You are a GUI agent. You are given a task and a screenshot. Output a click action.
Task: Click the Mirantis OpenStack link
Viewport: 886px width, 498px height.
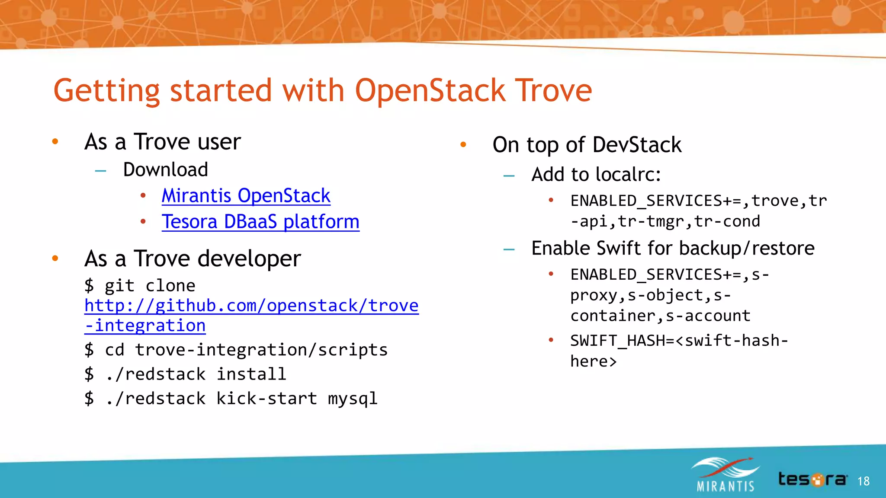[246, 196]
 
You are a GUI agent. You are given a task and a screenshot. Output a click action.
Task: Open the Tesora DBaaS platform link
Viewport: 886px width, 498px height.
[260, 222]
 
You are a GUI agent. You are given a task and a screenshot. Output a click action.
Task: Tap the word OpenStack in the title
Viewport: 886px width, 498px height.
[430, 91]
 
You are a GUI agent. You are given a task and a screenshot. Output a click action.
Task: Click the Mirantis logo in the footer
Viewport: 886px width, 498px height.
[725, 475]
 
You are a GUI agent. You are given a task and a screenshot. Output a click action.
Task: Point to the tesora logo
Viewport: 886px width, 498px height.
[812, 479]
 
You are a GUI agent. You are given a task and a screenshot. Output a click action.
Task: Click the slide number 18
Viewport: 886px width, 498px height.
[863, 481]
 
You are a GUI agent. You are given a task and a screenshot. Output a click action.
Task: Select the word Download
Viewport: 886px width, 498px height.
[165, 169]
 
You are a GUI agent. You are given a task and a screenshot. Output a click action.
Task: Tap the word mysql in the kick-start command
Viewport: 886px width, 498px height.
[353, 399]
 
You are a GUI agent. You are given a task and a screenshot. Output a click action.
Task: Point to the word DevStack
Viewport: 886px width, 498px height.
[637, 145]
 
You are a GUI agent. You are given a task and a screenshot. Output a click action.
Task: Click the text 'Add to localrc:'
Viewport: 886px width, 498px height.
[596, 175]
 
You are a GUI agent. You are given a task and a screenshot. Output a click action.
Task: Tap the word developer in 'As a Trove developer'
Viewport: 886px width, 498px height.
[249, 259]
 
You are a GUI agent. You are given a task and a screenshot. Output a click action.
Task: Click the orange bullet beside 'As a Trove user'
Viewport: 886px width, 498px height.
[55, 142]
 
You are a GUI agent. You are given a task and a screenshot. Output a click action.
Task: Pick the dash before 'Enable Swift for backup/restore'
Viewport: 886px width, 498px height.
[509, 249]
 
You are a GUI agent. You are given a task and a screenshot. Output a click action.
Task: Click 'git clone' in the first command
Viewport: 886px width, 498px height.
[150, 286]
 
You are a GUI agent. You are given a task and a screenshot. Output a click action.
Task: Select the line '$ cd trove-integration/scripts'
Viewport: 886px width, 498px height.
[236, 350]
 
